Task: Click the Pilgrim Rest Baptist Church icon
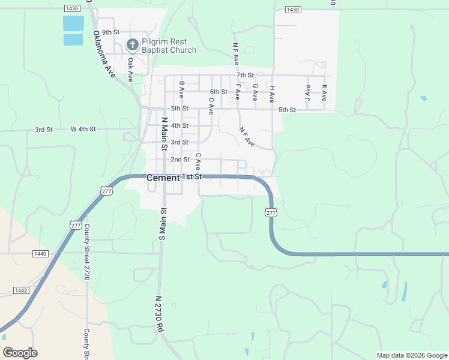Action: tap(132, 44)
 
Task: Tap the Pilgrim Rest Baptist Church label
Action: tap(169, 46)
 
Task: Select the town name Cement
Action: tap(163, 178)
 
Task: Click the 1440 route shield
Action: tap(40, 254)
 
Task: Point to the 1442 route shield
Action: tap(20, 290)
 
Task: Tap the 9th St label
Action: tap(111, 32)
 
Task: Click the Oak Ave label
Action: tap(130, 69)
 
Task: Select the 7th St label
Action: tap(245, 75)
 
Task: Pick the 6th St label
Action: tap(218, 92)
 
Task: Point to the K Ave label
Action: tap(324, 92)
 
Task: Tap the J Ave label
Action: tap(308, 92)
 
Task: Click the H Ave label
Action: tap(272, 92)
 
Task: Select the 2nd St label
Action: tap(179, 160)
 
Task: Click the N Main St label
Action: tap(163, 134)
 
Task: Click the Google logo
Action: tap(20, 353)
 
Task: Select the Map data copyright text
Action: tap(411, 355)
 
